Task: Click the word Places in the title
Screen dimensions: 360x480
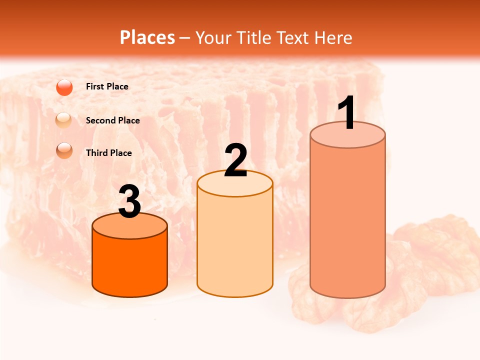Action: pos(147,37)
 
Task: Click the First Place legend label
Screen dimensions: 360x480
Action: pos(107,86)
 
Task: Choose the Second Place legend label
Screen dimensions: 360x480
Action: pos(112,120)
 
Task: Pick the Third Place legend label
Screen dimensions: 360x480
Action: pos(108,153)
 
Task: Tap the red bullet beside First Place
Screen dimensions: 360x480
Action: pos(64,87)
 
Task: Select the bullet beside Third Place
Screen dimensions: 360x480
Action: pos(64,150)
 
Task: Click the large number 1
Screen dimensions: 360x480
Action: pos(347,113)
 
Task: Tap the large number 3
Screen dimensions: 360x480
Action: pos(129,201)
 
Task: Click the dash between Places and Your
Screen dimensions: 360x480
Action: pos(185,38)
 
